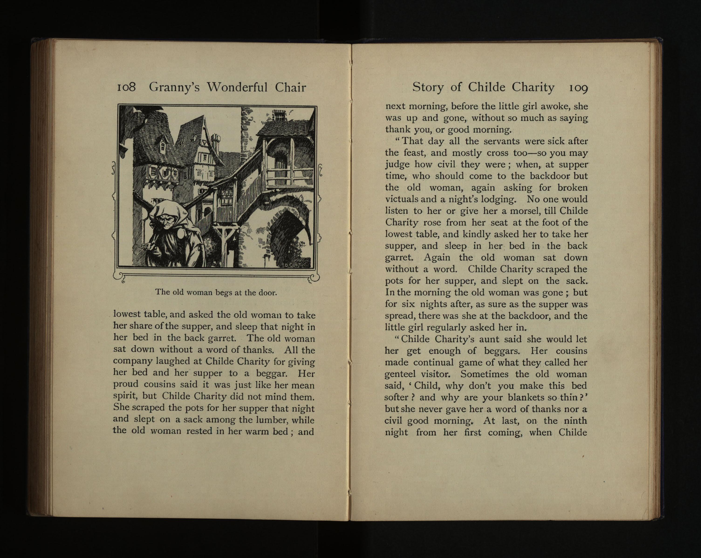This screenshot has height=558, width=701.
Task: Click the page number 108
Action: [126, 87]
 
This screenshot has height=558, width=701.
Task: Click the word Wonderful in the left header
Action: [237, 87]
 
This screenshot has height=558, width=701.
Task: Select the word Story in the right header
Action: [428, 87]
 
